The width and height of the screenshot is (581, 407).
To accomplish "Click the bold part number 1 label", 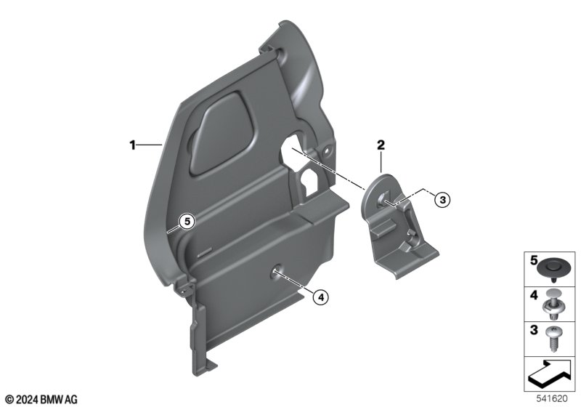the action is click(133, 145).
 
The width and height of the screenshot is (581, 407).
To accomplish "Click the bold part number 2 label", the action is click(381, 145).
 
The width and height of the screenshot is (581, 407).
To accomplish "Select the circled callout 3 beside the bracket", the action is click(442, 200).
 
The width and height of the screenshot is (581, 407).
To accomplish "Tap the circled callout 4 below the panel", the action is click(321, 297).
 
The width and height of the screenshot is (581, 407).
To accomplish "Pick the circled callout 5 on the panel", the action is click(187, 222).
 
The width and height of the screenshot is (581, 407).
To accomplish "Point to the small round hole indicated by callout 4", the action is click(277, 271).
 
